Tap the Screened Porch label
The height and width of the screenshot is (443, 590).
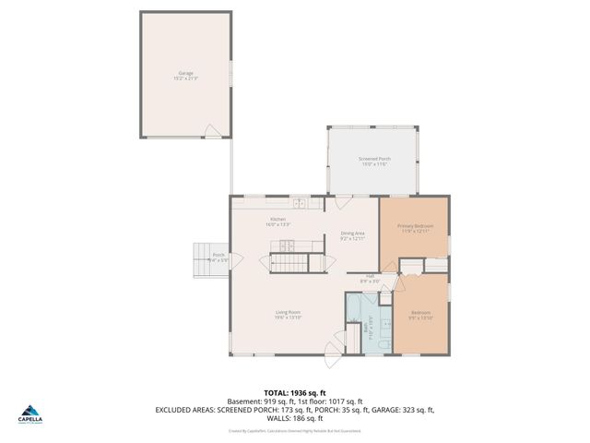(374, 161)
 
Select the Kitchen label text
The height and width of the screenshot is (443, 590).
(277, 221)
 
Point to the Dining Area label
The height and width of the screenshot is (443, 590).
(353, 235)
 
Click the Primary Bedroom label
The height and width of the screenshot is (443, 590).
(416, 228)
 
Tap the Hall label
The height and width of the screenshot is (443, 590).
(369, 276)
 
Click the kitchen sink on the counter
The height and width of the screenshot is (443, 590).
(300, 203)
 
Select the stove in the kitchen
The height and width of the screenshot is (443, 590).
(286, 245)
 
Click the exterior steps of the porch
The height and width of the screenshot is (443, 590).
(201, 259)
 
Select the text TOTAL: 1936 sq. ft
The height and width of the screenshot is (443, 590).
(294, 392)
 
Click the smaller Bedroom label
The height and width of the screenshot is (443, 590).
(420, 315)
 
